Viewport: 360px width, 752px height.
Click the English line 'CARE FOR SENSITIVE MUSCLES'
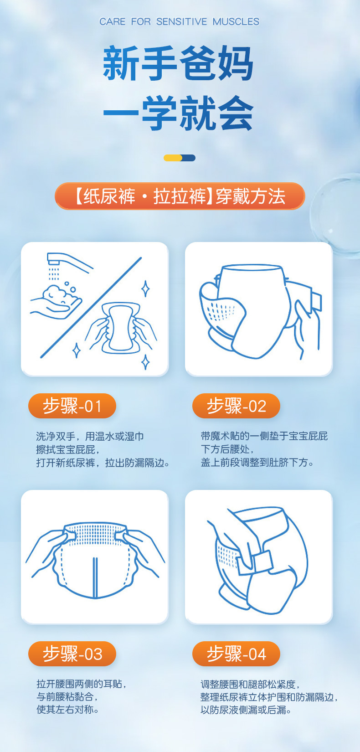[180, 22]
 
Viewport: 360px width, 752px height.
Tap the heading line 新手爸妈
[178, 63]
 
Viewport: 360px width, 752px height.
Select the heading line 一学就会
[178, 113]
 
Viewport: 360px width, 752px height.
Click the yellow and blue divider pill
[180, 158]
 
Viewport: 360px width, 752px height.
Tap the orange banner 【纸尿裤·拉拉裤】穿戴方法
[180, 196]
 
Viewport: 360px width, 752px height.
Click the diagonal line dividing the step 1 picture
[91, 308]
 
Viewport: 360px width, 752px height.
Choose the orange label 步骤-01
[72, 406]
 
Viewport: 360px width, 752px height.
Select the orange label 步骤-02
[236, 406]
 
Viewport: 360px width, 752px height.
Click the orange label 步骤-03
[72, 654]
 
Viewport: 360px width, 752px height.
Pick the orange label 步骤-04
[236, 654]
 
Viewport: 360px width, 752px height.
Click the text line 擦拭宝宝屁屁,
[68, 449]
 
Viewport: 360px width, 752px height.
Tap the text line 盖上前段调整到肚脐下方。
[257, 463]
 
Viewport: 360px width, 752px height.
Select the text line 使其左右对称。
[67, 710]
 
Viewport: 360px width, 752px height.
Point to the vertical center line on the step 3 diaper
[95, 578]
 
